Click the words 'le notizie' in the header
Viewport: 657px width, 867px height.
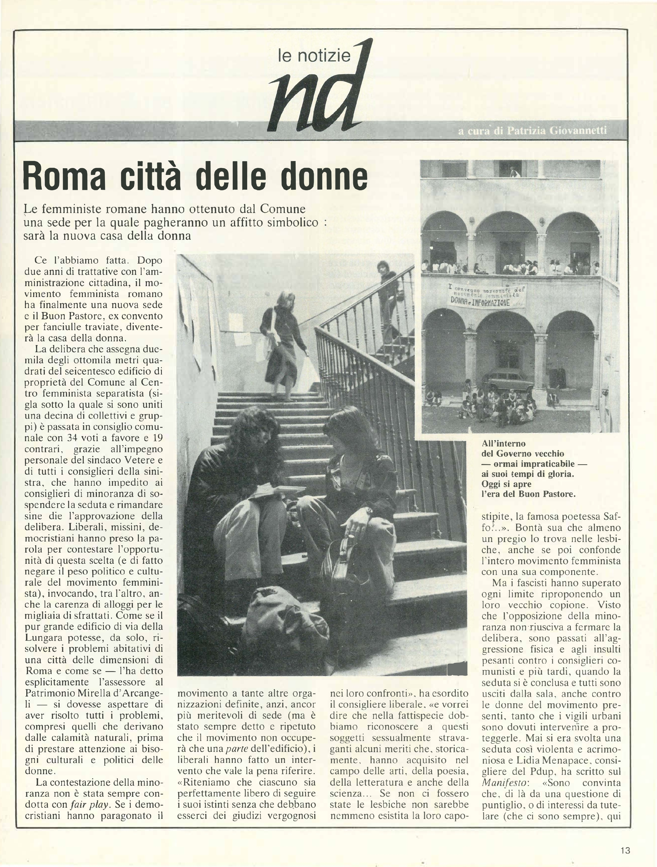click(313, 56)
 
